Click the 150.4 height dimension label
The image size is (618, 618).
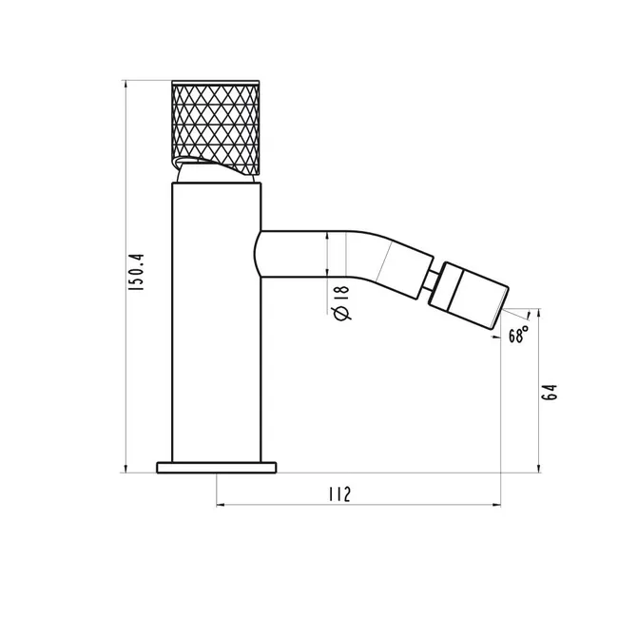click(137, 272)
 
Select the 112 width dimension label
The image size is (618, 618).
click(339, 494)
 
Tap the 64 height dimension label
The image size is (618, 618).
click(549, 392)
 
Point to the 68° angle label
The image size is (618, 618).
click(518, 335)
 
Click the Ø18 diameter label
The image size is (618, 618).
click(341, 302)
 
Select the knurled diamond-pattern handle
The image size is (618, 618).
click(216, 127)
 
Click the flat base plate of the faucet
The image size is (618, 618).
click(217, 468)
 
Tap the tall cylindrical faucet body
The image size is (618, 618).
click(217, 322)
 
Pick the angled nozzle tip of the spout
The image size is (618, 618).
click(468, 295)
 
